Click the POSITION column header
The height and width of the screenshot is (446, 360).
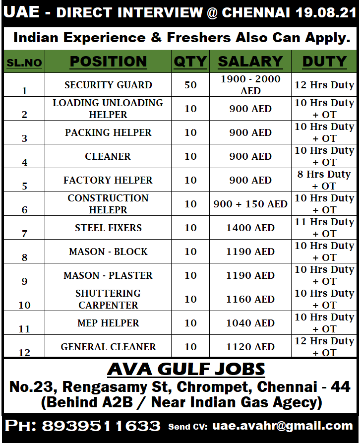click(108, 62)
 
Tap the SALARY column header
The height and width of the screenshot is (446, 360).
click(250, 62)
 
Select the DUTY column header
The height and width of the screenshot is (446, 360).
click(324, 62)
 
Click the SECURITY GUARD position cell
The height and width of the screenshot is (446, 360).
click(108, 85)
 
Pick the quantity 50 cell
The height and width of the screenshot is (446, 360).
click(190, 85)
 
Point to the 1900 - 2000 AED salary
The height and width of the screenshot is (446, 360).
click(250, 85)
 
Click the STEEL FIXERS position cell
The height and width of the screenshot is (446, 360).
click(108, 228)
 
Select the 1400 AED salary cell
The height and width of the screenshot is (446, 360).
click(250, 228)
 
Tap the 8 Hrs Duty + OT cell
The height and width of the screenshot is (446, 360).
click(324, 180)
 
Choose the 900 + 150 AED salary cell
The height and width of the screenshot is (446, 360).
click(250, 204)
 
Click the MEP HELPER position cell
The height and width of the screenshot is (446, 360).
click(108, 323)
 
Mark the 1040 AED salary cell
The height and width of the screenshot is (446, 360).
click(250, 323)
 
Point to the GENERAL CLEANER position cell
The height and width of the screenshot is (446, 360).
click(108, 347)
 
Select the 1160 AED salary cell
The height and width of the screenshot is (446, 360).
click(250, 299)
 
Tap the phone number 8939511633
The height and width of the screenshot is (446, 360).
click(101, 426)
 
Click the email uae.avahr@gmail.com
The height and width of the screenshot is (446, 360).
click(283, 426)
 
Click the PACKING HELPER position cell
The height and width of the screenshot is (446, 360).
click(108, 132)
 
